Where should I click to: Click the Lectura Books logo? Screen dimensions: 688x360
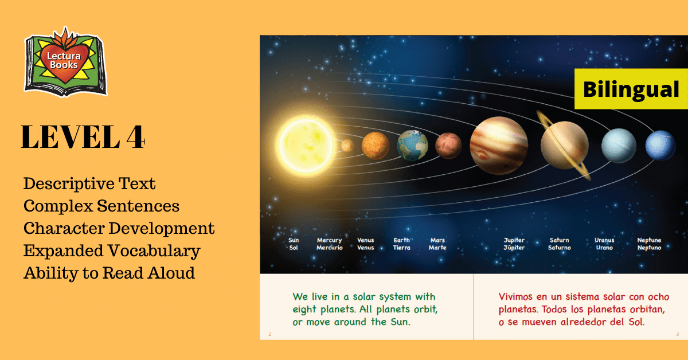[x=66, y=62]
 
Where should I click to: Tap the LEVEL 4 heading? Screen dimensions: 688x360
[x=83, y=137]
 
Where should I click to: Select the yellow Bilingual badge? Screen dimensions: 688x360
[x=631, y=89]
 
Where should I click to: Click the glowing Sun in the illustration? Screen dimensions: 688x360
[x=306, y=145]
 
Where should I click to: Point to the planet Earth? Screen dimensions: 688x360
[x=412, y=145]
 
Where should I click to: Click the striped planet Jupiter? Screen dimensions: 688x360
[x=499, y=146]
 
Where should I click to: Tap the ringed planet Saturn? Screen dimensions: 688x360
[x=565, y=145]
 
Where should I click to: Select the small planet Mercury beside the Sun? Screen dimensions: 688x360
[x=347, y=146]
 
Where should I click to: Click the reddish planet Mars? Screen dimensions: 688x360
[x=448, y=146]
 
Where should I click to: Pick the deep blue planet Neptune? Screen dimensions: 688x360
[x=660, y=146]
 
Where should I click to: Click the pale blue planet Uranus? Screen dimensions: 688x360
[x=619, y=146]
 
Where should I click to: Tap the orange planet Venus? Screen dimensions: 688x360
[x=376, y=146]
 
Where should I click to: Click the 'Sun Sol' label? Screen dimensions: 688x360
[x=294, y=244]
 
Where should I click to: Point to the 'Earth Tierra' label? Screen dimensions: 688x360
[x=402, y=244]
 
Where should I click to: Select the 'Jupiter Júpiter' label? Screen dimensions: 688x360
[x=514, y=244]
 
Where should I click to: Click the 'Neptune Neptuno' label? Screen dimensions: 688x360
[x=649, y=244]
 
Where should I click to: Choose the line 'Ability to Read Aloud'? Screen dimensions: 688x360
[x=110, y=273]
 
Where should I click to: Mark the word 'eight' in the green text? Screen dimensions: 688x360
[x=304, y=310]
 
